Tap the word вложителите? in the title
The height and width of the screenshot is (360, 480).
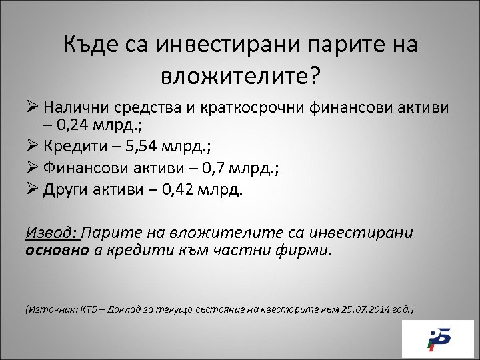pyautogui.click(x=240, y=75)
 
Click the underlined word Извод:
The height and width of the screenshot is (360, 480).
pyautogui.click(x=51, y=233)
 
